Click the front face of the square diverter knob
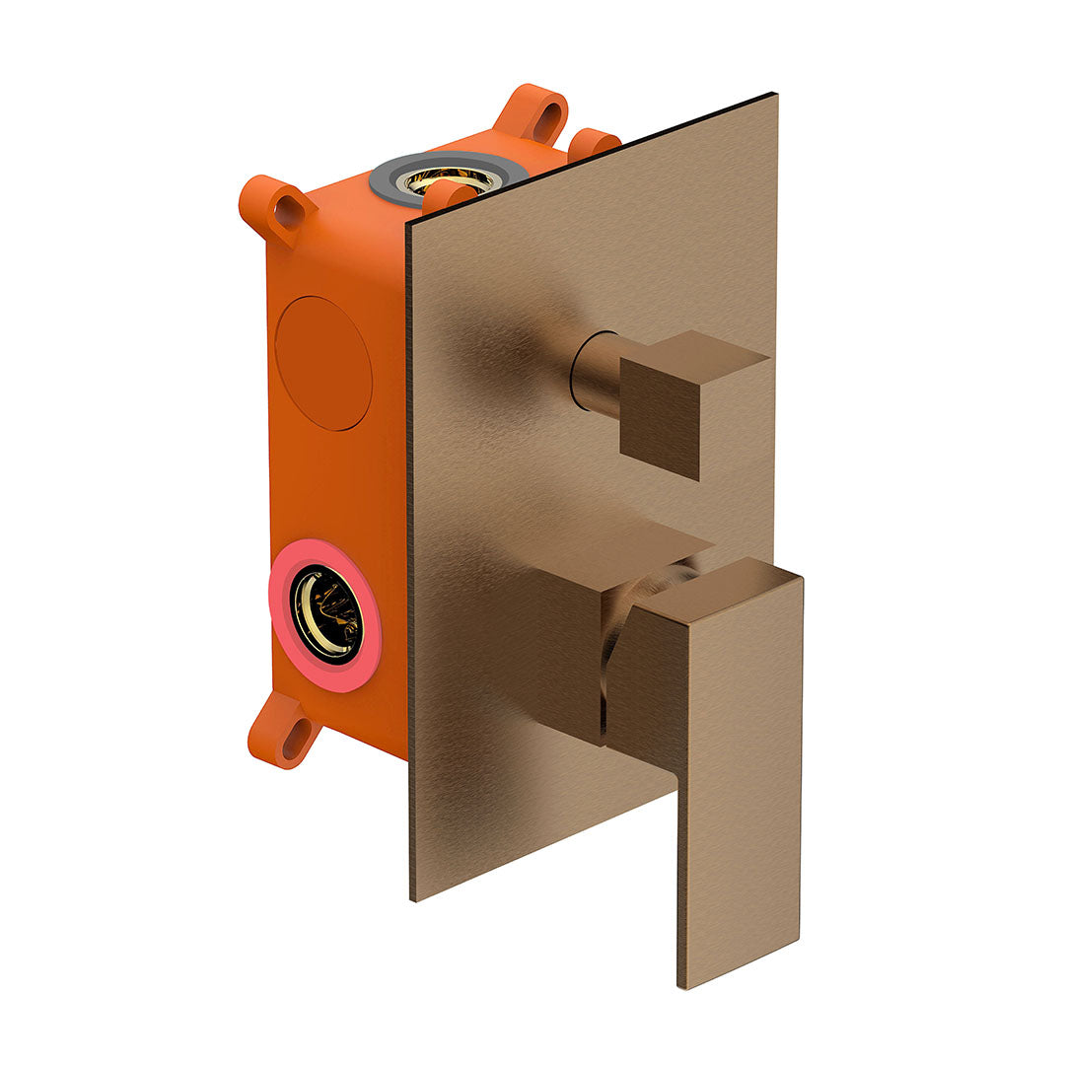(660, 419)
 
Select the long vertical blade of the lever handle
(740, 779)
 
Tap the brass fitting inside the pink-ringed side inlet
(327, 613)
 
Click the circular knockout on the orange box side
(322, 362)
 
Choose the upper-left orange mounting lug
(276, 206)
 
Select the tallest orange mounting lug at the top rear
(532, 113)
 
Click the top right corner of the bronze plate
(774, 96)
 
